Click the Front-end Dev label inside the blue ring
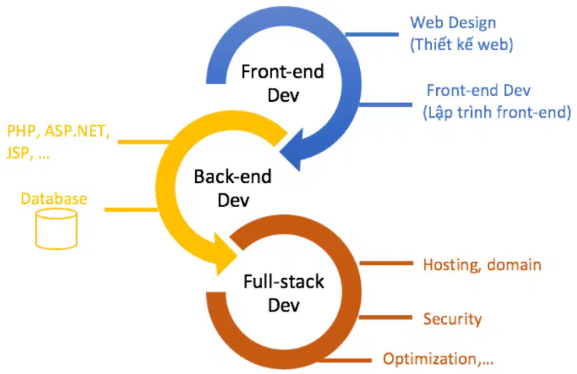point(282,84)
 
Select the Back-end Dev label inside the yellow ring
point(233,188)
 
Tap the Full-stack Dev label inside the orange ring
point(284,293)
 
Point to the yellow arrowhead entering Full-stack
point(225,254)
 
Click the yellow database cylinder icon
point(57,229)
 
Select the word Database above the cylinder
point(54,199)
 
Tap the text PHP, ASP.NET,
point(58,131)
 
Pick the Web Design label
point(453,23)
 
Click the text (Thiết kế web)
point(462,44)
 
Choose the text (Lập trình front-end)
point(496,113)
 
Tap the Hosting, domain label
point(482,265)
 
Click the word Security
point(452,319)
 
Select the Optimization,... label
point(438,359)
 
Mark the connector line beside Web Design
point(372,35)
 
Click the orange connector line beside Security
point(385,317)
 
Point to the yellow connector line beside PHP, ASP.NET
point(144,142)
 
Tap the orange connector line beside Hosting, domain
point(386,263)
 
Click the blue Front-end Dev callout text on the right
point(478,91)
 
